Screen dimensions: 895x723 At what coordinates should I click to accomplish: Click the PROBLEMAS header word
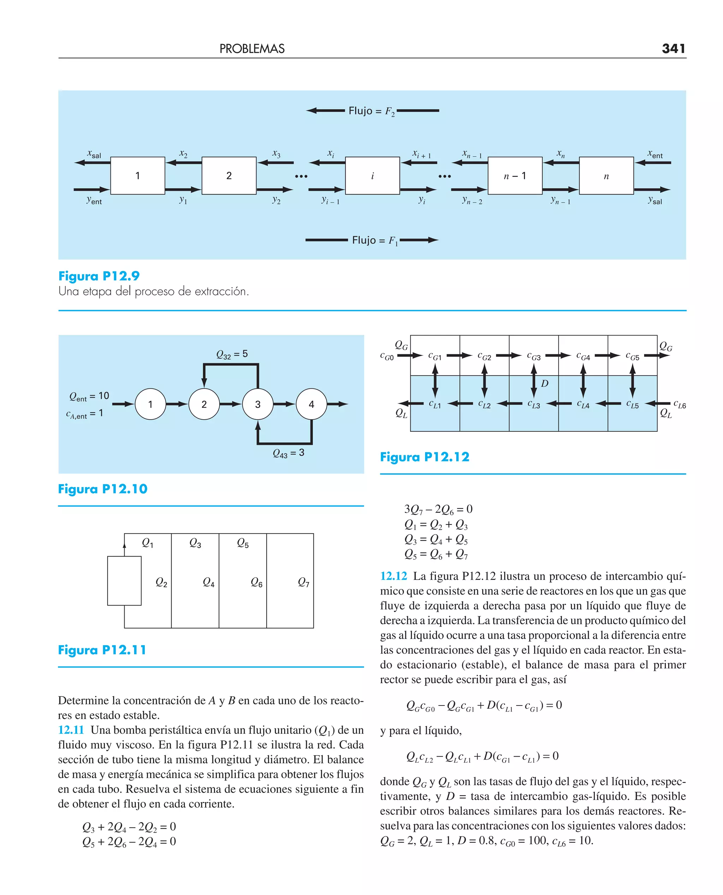click(252, 49)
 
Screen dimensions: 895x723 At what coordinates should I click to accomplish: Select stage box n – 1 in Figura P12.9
click(515, 176)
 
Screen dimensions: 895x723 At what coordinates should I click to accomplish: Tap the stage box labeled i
click(372, 176)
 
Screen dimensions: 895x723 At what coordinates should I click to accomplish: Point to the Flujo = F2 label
click(371, 111)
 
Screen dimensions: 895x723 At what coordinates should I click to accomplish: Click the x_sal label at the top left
click(94, 154)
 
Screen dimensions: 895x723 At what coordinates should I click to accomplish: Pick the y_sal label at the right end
click(655, 200)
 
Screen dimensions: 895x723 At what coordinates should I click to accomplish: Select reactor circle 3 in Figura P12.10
click(258, 404)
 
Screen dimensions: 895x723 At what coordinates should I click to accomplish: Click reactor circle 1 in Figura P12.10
click(150, 404)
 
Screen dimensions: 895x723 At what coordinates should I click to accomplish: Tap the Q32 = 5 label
click(232, 354)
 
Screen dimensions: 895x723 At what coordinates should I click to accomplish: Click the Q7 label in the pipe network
click(304, 582)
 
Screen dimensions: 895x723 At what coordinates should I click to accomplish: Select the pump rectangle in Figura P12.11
click(124, 580)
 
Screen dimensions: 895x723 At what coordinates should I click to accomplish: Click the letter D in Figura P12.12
click(545, 383)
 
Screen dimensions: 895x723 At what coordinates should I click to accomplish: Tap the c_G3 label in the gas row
click(533, 357)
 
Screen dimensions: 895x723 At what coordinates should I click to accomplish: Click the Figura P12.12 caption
click(424, 457)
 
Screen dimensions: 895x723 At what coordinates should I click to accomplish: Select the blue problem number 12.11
click(71, 730)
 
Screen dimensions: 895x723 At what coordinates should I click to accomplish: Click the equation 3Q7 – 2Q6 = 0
click(438, 509)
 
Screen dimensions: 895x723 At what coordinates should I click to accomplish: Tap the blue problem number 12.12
click(393, 576)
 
